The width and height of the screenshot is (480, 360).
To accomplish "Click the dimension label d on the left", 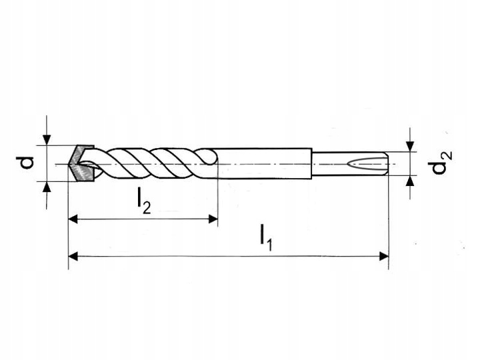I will pyautogui.click(x=26, y=162).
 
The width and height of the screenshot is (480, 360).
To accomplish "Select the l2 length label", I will pyautogui.click(x=143, y=199).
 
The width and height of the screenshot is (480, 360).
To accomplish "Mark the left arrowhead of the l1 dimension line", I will pyautogui.click(x=73, y=255).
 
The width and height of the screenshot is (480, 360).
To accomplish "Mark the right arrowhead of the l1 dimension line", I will pyautogui.click(x=384, y=255).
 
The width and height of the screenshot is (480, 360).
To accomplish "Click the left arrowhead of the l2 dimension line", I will pyautogui.click(x=73, y=218).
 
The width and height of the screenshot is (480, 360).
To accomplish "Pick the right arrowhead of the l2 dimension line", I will pyautogui.click(x=213, y=218).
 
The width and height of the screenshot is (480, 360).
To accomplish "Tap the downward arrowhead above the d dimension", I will pyautogui.click(x=46, y=139).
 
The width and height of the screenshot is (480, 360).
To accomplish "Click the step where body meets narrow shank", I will pyautogui.click(x=313, y=163).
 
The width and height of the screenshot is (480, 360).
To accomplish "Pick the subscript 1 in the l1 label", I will pyautogui.click(x=271, y=245).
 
